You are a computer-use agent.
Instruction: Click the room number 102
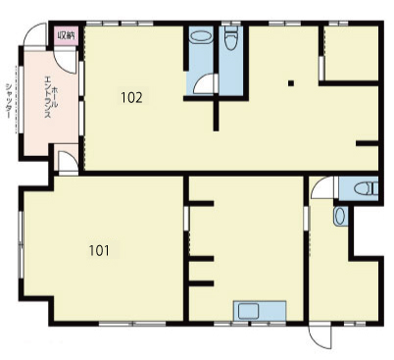coord(131,97)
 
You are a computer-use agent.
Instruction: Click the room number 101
coord(99,250)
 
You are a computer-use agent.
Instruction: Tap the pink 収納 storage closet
coord(67,35)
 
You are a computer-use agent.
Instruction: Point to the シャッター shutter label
coord(9,101)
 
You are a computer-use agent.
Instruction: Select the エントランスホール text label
coord(51,97)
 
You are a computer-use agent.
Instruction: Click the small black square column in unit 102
coord(291,83)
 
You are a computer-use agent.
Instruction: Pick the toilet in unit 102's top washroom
coord(231,37)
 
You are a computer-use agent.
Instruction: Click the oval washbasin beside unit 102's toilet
coord(201,36)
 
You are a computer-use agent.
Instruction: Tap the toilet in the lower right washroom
coord(366,189)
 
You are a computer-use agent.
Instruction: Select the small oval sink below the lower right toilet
coord(339,217)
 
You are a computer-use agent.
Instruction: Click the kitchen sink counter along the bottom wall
coord(260,311)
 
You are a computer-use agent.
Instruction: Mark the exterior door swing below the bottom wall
coord(320,336)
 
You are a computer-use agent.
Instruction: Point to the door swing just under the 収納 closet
coord(66,62)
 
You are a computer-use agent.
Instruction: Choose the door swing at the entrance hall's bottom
coord(68,161)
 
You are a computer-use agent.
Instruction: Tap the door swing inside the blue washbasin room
coord(204,84)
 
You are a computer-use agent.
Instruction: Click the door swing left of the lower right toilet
coord(322,187)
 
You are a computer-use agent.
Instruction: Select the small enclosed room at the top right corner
coord(352,53)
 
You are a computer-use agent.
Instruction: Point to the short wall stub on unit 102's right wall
coord(368,143)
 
